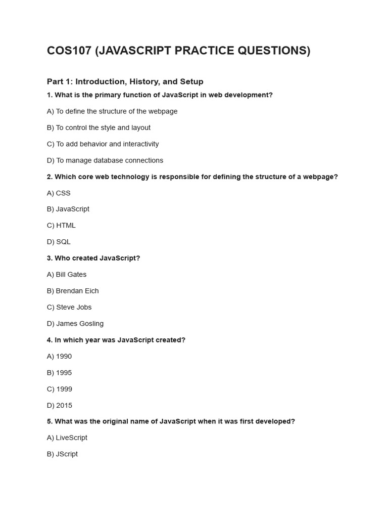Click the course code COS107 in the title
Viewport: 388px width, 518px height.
(x=68, y=51)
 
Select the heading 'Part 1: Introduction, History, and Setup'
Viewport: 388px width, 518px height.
(x=125, y=81)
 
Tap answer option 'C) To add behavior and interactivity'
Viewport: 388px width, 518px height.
(x=103, y=144)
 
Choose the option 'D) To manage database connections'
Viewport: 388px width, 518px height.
(x=105, y=160)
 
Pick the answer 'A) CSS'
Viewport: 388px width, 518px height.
(x=59, y=193)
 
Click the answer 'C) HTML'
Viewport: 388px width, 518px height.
(x=61, y=226)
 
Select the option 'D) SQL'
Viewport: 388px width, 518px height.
(x=59, y=242)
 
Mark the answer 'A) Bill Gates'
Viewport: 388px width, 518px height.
(x=67, y=275)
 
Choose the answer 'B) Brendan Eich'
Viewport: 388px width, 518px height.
(x=73, y=291)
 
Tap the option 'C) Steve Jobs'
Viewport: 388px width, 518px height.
(x=69, y=307)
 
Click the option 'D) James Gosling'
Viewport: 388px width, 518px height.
(x=75, y=324)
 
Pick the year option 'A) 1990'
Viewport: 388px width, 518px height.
(x=59, y=356)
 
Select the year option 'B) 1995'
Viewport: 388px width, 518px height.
(x=59, y=373)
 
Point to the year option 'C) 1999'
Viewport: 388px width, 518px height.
(x=60, y=389)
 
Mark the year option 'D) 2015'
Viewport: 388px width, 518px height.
(x=60, y=405)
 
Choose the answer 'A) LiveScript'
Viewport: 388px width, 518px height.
(x=67, y=438)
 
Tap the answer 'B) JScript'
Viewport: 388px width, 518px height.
(x=62, y=454)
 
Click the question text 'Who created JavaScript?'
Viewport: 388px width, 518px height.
(x=97, y=258)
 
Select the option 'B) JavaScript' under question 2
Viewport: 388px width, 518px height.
(x=68, y=209)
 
